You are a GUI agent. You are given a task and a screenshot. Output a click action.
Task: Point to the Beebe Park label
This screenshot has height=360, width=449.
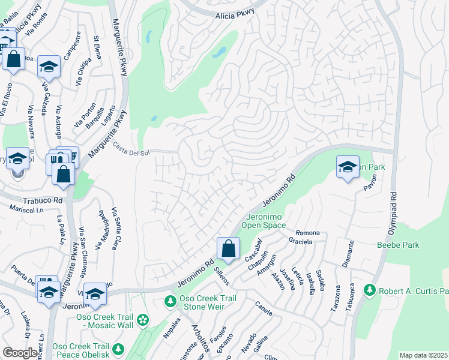click(397, 245)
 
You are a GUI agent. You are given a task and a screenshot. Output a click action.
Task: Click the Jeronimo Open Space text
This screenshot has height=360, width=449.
click(265, 221)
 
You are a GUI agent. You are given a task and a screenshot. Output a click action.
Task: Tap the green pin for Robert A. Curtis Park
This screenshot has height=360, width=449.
click(369, 291)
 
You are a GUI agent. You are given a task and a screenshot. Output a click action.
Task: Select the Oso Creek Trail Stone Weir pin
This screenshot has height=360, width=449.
click(170, 300)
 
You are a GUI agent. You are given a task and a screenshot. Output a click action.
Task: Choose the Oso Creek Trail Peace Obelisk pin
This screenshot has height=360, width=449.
click(118, 349)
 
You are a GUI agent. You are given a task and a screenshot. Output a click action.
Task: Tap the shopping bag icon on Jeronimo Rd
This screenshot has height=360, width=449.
click(228, 248)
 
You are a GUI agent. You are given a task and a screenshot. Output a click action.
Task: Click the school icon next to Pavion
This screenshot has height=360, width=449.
click(347, 167)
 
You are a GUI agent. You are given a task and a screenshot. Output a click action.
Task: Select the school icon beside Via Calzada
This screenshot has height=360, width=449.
click(49, 67)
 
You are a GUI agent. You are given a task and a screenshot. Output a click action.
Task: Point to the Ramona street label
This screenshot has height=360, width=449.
click(307, 233)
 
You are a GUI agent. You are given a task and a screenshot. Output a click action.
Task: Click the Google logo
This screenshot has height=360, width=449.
click(20, 353)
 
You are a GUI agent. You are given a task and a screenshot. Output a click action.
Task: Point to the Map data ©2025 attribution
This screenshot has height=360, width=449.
click(423, 355)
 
